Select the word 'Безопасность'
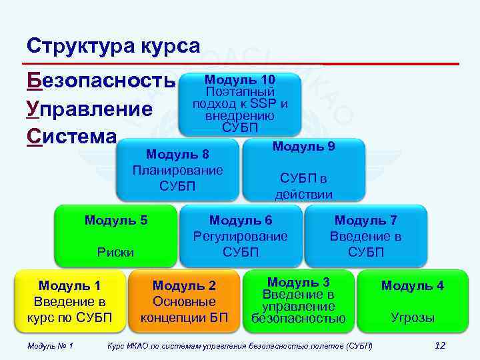[x=100, y=81]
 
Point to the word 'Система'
[x=71, y=136]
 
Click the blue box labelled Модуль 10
[x=240, y=104]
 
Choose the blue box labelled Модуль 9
[x=304, y=169]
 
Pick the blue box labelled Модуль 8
[x=177, y=169]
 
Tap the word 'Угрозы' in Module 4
[x=413, y=318]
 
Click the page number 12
[x=439, y=345]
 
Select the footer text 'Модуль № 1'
[x=50, y=346]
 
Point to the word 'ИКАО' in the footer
[x=138, y=346]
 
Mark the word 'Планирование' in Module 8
[x=177, y=169]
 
